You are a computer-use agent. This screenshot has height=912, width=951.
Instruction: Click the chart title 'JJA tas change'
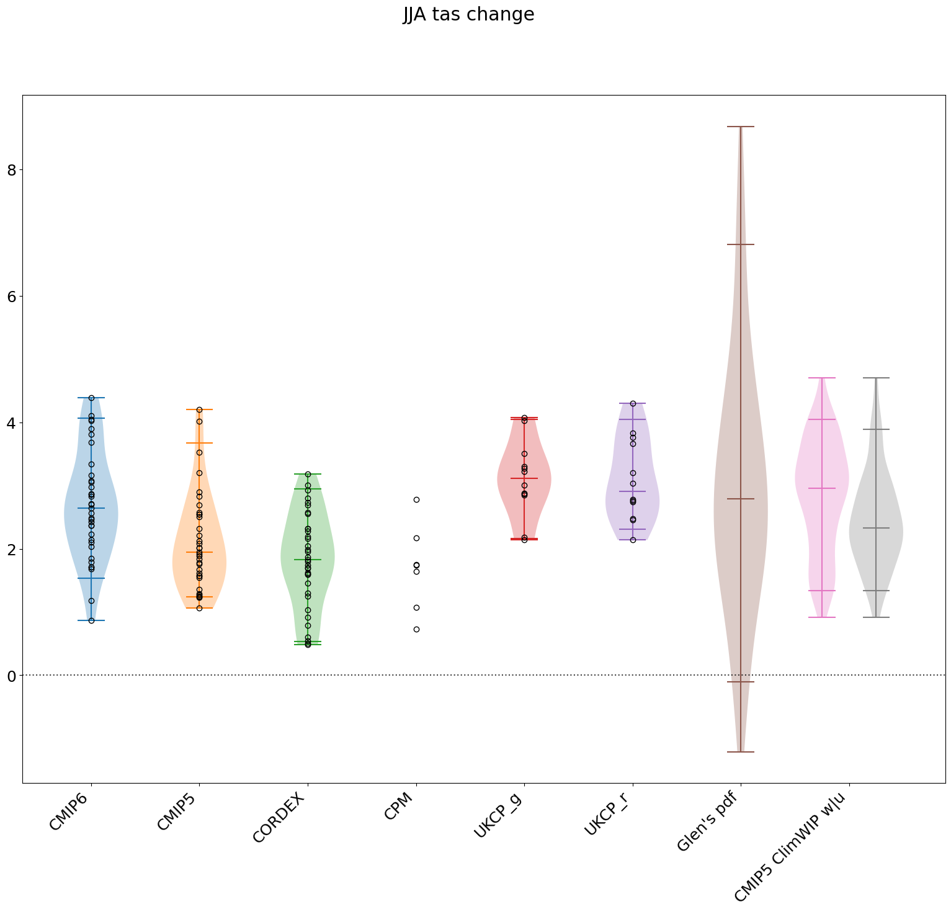[468, 14]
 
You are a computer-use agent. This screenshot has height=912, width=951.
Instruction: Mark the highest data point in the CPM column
[416, 499]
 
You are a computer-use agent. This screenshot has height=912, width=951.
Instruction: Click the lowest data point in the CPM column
[416, 629]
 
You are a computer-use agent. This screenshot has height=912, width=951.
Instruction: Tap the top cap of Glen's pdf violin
[741, 127]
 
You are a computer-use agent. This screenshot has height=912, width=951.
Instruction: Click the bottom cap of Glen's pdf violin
[741, 752]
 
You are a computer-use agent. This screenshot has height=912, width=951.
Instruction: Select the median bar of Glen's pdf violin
[741, 499]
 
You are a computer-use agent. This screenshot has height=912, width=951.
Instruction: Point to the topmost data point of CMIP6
[91, 398]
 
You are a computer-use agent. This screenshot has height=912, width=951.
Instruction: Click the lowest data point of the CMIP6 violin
[91, 620]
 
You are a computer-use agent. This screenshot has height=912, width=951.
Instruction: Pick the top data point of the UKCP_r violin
[633, 403]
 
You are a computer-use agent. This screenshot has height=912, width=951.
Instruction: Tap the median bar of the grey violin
[876, 528]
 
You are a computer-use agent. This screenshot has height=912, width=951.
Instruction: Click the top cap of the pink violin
[822, 378]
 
